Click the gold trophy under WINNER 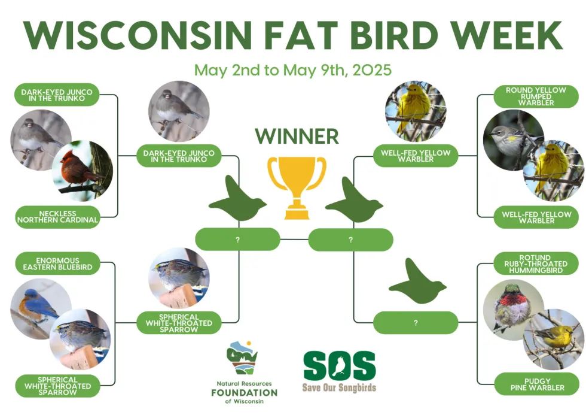(297, 187)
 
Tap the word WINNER (297, 136)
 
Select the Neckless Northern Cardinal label (57, 217)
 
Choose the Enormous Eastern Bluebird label (57, 263)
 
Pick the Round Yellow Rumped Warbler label (536, 96)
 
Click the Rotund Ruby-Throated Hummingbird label (536, 263)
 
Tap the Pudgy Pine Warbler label (537, 384)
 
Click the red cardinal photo (83, 171)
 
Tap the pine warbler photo (553, 339)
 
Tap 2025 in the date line (371, 70)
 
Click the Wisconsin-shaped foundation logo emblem (243, 357)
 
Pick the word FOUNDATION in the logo (245, 393)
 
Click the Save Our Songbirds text (340, 387)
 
